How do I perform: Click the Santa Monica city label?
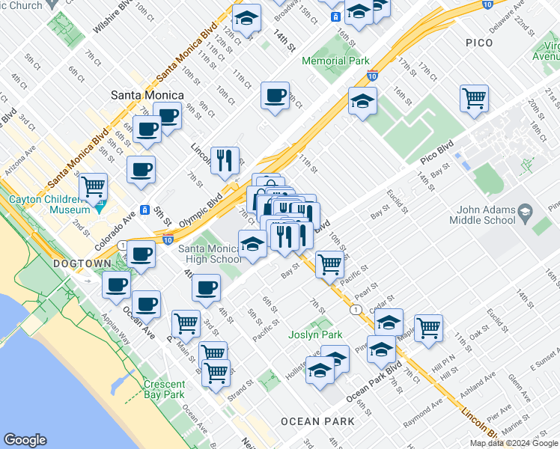click(x=147, y=95)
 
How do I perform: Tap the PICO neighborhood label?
click(x=479, y=43)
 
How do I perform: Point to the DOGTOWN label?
click(x=82, y=264)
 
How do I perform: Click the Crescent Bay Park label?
click(x=164, y=389)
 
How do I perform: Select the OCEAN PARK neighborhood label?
click(x=317, y=421)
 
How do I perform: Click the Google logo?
click(x=25, y=440)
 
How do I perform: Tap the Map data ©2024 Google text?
click(x=514, y=443)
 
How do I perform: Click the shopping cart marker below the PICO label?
click(x=475, y=98)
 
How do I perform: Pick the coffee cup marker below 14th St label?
click(x=276, y=95)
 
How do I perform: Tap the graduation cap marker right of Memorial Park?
click(x=362, y=101)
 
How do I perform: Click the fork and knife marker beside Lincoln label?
click(x=225, y=160)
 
